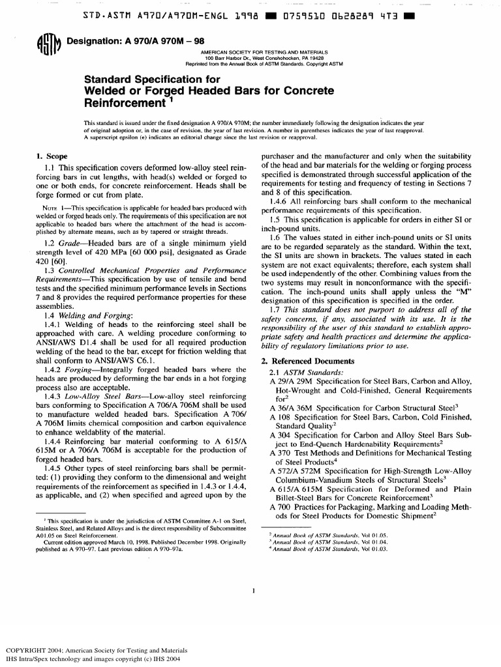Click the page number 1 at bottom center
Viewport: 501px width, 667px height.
252,591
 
